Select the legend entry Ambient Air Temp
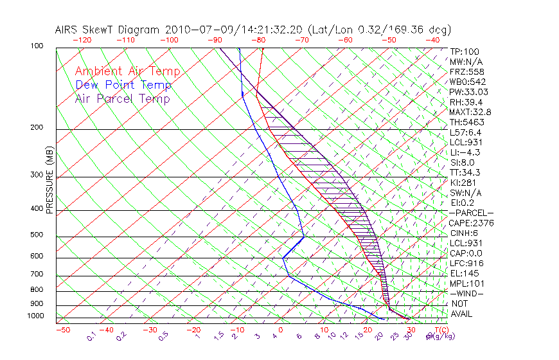click(x=127, y=71)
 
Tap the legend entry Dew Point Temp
click(x=123, y=85)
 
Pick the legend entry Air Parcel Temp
click(x=123, y=98)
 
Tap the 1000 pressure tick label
click(x=36, y=316)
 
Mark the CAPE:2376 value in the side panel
click(x=471, y=223)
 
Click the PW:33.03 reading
click(x=467, y=92)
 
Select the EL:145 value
click(x=465, y=273)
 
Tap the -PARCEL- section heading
click(x=471, y=213)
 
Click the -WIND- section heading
click(x=467, y=293)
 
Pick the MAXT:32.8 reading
click(x=469, y=112)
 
